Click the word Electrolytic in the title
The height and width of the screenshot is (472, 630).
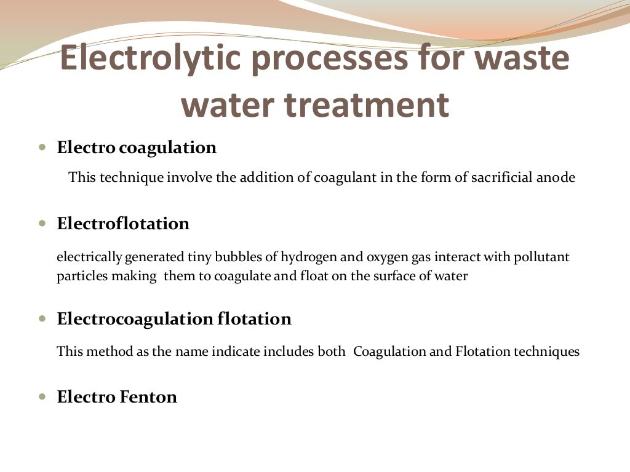coord(150,60)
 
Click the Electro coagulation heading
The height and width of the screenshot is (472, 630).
coord(137,148)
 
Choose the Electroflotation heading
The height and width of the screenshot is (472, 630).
coord(123,224)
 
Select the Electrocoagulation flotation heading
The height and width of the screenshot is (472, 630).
coord(174,319)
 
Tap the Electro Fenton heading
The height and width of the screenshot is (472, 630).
coord(117,397)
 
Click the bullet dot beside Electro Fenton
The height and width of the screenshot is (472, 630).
coord(42,397)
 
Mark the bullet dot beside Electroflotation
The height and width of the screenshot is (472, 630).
coord(42,224)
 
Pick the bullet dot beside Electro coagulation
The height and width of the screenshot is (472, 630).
coord(42,148)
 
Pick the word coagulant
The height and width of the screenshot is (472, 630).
coord(342,178)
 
